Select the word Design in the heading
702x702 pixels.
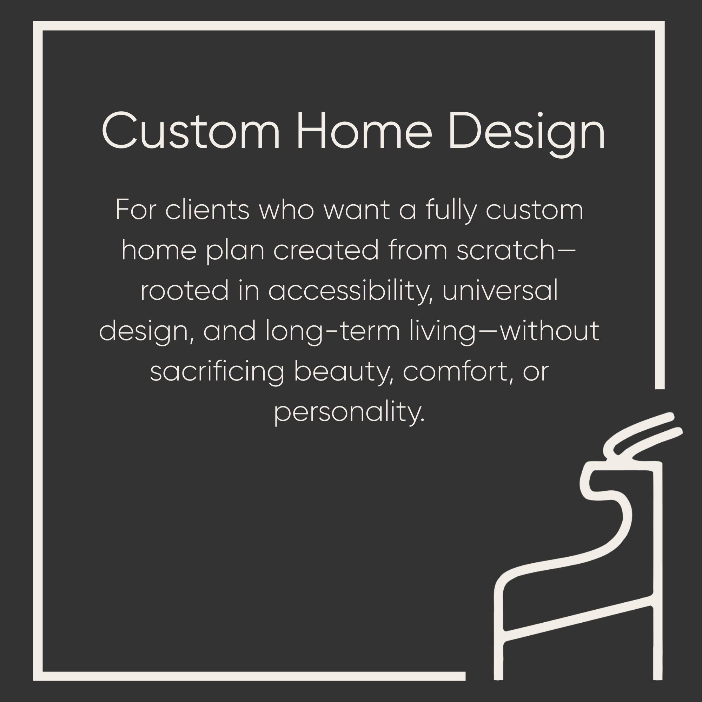tap(527, 133)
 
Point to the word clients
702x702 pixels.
tap(207, 210)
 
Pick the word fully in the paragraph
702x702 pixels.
tap(451, 211)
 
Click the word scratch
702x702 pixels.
tap(505, 250)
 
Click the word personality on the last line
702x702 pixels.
tap(349, 412)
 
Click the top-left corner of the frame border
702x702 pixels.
tap(38, 26)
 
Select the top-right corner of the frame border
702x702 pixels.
tap(660, 26)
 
